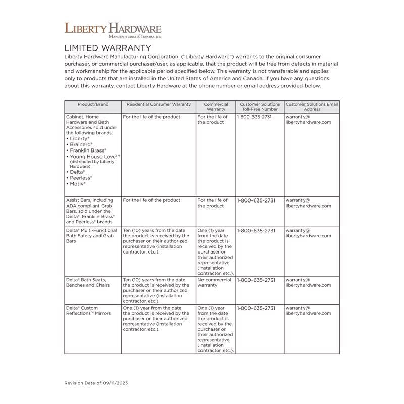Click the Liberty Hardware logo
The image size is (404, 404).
pyautogui.click(x=113, y=30)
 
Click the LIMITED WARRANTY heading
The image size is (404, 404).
pyautogui.click(x=108, y=47)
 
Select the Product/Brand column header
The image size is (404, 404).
pyautogui.click(x=93, y=104)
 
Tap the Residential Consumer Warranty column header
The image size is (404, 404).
pyautogui.click(x=159, y=104)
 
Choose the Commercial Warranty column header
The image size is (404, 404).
pyautogui.click(x=216, y=107)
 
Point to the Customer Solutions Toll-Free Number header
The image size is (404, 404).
pyautogui.click(x=260, y=107)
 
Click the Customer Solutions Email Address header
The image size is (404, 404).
pyautogui.click(x=312, y=107)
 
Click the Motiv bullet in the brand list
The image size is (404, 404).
pyautogui.click(x=77, y=184)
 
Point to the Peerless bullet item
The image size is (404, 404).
pyautogui.click(x=80, y=178)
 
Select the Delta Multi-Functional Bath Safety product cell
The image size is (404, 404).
pyautogui.click(x=91, y=236)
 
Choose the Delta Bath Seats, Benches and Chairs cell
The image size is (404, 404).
pyautogui.click(x=88, y=282)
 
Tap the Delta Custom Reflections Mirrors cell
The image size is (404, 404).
pyautogui.click(x=88, y=310)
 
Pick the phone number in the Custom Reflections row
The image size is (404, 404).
pyautogui.click(x=256, y=308)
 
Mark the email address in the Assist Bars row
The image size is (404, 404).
pyautogui.click(x=308, y=203)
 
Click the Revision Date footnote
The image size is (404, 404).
pyautogui.click(x=96, y=383)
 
